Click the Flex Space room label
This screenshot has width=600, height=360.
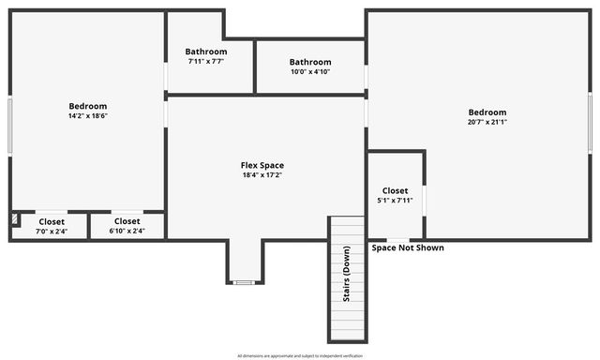[262, 166]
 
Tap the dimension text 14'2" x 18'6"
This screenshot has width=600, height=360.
[87, 116]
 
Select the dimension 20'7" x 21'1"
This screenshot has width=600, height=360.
[487, 122]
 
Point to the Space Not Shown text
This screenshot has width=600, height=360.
[408, 248]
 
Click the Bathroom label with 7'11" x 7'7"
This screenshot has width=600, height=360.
[205, 52]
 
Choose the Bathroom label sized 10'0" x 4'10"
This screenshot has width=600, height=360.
[309, 62]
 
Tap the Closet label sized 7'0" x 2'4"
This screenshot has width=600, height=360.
[51, 221]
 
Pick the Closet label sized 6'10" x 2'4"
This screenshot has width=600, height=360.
[127, 221]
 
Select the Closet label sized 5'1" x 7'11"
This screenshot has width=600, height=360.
[395, 190]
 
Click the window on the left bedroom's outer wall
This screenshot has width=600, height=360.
[10, 126]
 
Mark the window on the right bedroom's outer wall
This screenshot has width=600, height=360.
[590, 122]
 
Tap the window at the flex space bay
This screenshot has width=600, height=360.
[244, 282]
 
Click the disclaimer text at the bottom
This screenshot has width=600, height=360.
[299, 355]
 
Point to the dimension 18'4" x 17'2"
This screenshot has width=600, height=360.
[262, 175]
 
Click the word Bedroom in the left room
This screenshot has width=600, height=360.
[87, 106]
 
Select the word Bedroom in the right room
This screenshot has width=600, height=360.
[487, 112]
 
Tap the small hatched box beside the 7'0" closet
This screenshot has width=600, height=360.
[15, 219]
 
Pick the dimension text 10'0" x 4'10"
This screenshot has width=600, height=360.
[309, 71]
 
